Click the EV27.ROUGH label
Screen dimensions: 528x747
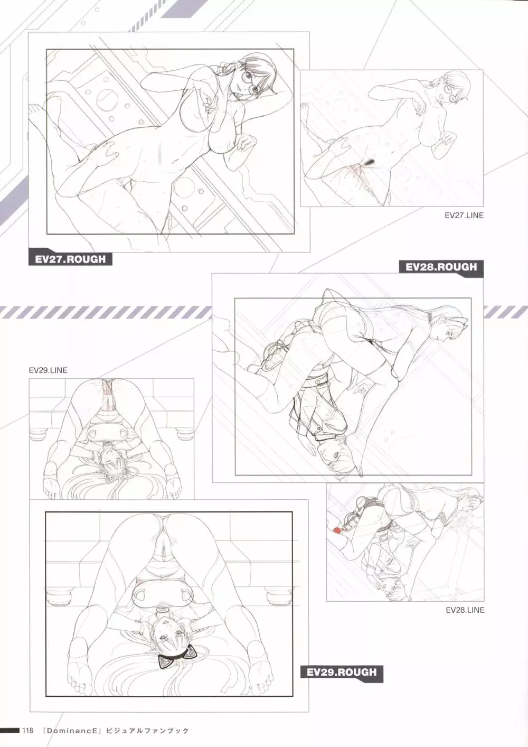70,259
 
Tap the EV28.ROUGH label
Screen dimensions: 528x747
441,267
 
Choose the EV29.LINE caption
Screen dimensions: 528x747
48,370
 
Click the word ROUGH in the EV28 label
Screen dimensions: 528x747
455,267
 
